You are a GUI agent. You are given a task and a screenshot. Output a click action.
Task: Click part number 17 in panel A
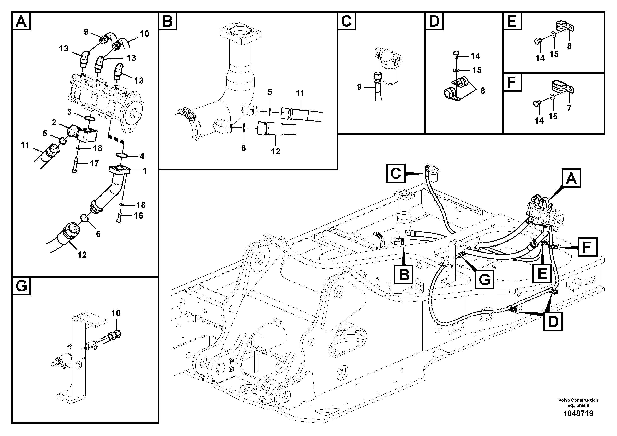[94, 163]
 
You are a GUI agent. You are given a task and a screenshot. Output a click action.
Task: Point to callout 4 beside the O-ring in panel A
[142, 156]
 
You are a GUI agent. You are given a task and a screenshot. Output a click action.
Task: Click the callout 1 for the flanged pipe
[145, 171]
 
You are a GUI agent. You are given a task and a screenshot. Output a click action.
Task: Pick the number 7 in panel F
[569, 108]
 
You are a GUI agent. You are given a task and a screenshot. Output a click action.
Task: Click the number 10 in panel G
[116, 313]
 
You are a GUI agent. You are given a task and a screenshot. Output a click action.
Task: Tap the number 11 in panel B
[300, 93]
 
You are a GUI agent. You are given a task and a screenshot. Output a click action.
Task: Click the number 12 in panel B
[275, 152]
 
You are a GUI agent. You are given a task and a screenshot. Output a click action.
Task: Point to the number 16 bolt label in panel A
[138, 216]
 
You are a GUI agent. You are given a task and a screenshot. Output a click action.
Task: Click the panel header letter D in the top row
[434, 21]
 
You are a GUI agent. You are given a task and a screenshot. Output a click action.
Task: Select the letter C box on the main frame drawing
[396, 174]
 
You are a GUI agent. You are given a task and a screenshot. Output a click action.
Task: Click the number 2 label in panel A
[54, 123]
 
